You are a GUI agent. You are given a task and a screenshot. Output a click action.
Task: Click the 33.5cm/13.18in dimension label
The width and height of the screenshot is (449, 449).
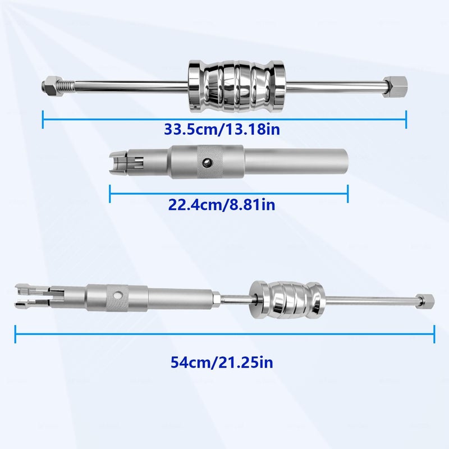coord(222,129)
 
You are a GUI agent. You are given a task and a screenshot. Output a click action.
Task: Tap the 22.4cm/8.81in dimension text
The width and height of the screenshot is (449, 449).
coord(222,204)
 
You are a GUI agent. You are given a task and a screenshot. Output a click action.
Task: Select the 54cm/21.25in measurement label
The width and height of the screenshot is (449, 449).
coord(222,362)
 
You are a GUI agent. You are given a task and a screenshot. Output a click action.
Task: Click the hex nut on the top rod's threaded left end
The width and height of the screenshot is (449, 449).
coord(51,86)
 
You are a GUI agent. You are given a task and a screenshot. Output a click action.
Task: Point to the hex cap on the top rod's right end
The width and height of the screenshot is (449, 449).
coord(396,87)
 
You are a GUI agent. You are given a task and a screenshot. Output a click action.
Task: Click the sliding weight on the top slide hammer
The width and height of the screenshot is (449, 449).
coord(236,86)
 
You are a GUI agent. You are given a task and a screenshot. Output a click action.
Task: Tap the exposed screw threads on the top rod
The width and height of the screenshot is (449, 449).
coord(67,85)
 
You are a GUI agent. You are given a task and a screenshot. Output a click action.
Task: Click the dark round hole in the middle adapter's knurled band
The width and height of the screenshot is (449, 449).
coord(207,163)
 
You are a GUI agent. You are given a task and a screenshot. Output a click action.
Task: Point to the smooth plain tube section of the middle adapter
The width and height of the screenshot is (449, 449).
coord(296,162)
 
